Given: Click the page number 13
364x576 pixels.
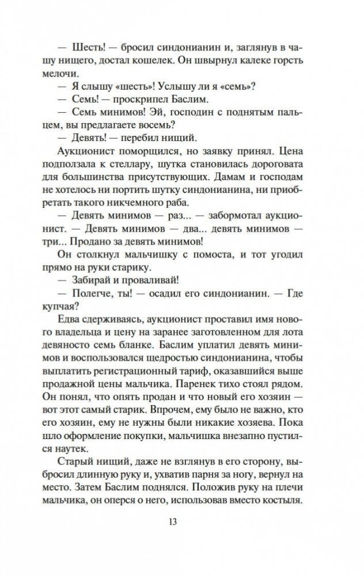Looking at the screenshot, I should pos(173,539).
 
